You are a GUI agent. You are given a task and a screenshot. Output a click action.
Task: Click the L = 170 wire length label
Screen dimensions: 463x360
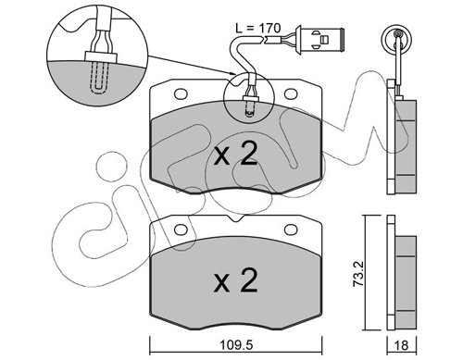point(258,28)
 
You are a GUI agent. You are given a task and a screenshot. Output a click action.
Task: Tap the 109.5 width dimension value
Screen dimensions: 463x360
point(236,345)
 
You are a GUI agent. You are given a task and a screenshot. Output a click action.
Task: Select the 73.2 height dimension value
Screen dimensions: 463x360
point(358,274)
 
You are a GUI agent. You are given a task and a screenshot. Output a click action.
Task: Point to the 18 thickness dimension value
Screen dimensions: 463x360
point(402,345)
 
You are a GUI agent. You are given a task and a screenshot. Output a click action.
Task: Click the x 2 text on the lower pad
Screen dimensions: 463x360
point(236,280)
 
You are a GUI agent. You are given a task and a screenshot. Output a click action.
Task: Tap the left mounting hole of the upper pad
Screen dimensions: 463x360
point(181,93)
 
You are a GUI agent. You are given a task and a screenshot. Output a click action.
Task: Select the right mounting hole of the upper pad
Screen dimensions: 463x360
point(291,93)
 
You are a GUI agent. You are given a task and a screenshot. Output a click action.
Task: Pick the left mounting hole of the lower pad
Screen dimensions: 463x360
point(181,230)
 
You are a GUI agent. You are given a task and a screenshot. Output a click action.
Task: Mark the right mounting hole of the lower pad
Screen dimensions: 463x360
point(291,230)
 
